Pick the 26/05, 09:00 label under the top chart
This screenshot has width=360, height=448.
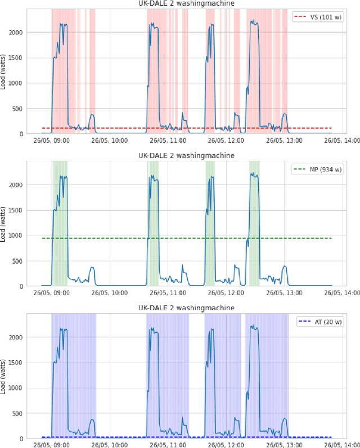pyautogui.click(x=52, y=141)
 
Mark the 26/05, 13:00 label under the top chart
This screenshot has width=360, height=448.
pyautogui.click(x=284, y=141)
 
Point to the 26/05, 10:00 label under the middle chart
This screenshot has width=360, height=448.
pyautogui.click(x=110, y=293)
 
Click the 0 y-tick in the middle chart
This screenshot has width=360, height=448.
pyautogui.click(x=35, y=286)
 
